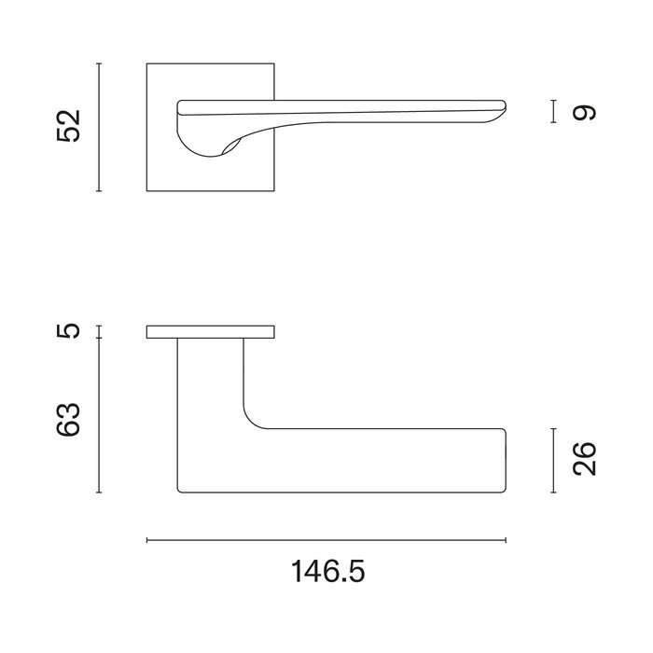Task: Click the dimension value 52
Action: [x=70, y=126]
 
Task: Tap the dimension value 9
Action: [x=584, y=112]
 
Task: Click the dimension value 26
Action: [x=584, y=460]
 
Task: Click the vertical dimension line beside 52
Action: [x=99, y=127]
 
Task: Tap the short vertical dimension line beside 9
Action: [x=554, y=112]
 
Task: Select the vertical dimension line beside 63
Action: [x=99, y=416]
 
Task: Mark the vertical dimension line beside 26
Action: [x=554, y=461]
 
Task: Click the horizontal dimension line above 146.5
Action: [x=326, y=540]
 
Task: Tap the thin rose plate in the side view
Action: [x=211, y=332]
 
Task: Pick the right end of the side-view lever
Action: [x=504, y=461]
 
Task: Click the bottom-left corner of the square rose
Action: [x=147, y=190]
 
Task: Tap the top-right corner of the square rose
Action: [x=274, y=64]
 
